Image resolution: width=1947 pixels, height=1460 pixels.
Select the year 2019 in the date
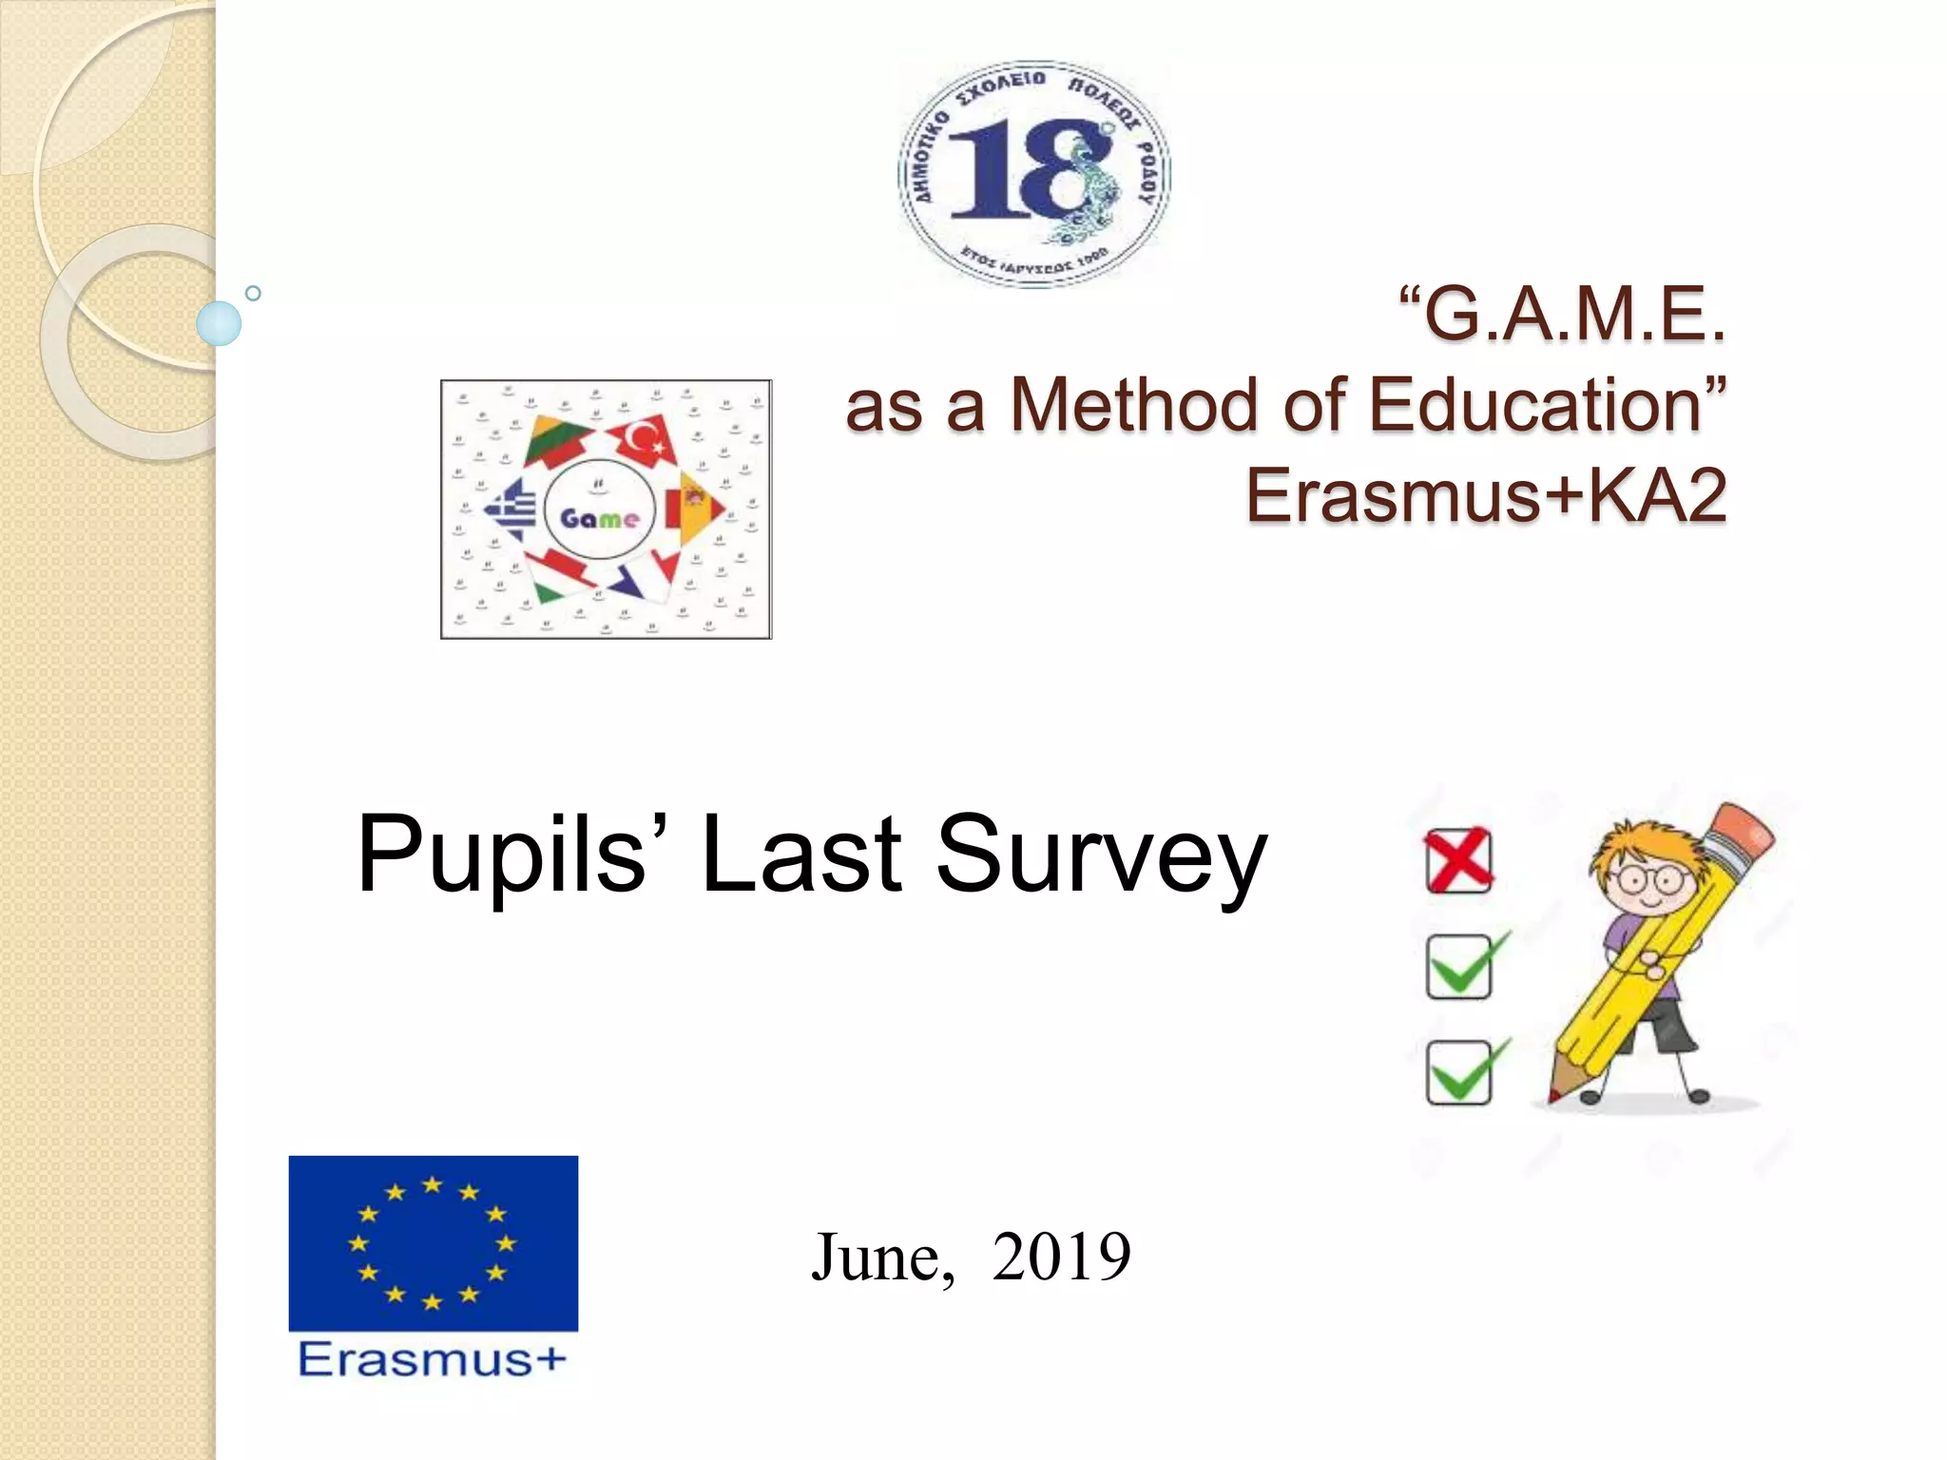point(1061,1257)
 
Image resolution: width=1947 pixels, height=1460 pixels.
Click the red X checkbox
point(1459,860)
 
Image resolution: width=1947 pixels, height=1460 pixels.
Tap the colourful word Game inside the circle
point(599,518)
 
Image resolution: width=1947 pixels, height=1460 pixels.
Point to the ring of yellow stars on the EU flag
point(433,1242)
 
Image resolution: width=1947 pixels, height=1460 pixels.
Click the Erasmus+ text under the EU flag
point(433,1360)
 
